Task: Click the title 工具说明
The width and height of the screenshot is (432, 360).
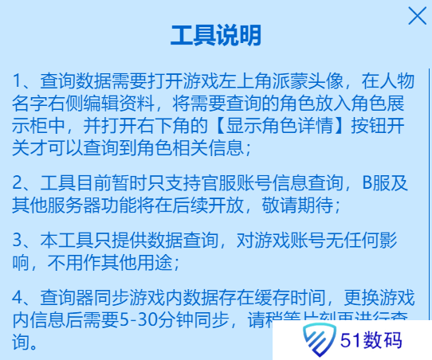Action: (215, 35)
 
